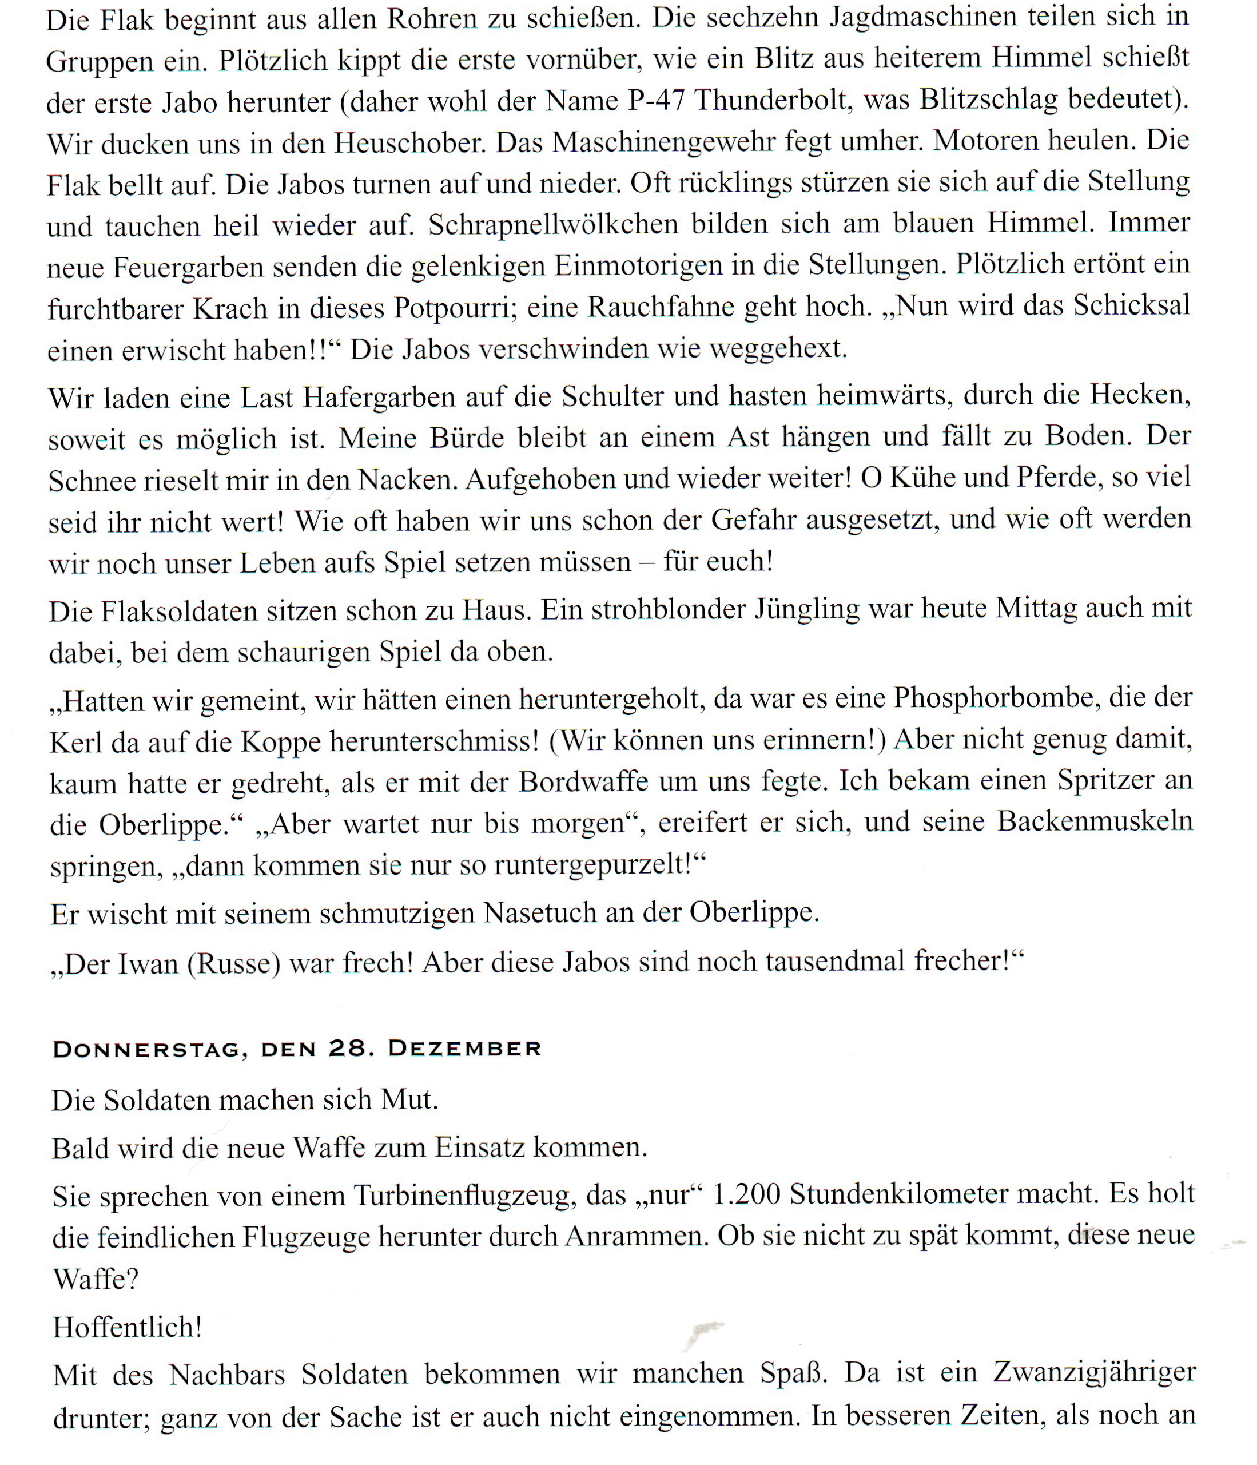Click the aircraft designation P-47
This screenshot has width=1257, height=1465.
(656, 101)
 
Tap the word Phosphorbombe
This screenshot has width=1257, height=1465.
(993, 698)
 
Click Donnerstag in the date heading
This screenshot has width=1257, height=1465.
(146, 1049)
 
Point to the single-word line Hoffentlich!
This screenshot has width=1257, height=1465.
(128, 1327)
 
